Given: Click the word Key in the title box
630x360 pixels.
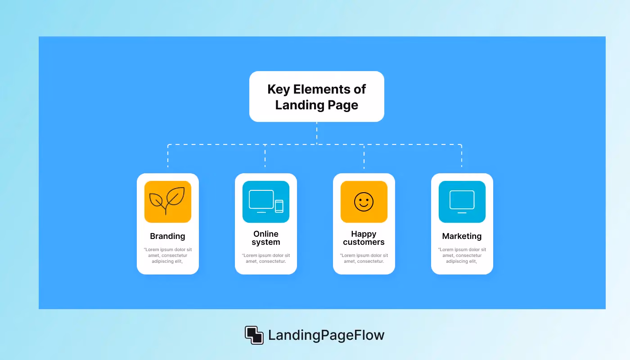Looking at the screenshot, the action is (x=279, y=90).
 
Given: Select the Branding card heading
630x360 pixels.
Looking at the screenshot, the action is (x=167, y=236).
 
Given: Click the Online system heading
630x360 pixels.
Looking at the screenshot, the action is (x=266, y=238).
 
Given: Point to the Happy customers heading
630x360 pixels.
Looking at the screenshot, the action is (x=364, y=238).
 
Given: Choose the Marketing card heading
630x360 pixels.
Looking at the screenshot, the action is (x=462, y=236).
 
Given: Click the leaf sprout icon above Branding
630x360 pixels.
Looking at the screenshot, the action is (x=167, y=201).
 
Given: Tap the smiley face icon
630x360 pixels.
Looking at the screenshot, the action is (x=364, y=202).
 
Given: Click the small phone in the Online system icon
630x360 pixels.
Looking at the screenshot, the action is (x=279, y=206).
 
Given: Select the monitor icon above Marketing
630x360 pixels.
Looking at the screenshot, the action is (x=462, y=202).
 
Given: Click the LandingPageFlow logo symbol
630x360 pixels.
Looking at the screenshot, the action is (x=254, y=335).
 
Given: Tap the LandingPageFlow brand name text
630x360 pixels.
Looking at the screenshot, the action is (x=326, y=335).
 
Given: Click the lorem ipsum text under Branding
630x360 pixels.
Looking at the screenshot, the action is (x=167, y=256).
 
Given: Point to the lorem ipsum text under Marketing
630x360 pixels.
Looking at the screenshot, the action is (x=462, y=256).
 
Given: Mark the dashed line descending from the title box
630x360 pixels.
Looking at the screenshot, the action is (x=317, y=133).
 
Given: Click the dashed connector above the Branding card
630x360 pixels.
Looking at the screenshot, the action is (x=168, y=156).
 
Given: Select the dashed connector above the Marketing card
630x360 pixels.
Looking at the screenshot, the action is (x=462, y=156).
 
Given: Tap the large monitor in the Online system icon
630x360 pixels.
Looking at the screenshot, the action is (x=261, y=201).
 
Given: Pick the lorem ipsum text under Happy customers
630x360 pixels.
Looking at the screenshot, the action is (x=364, y=258).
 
